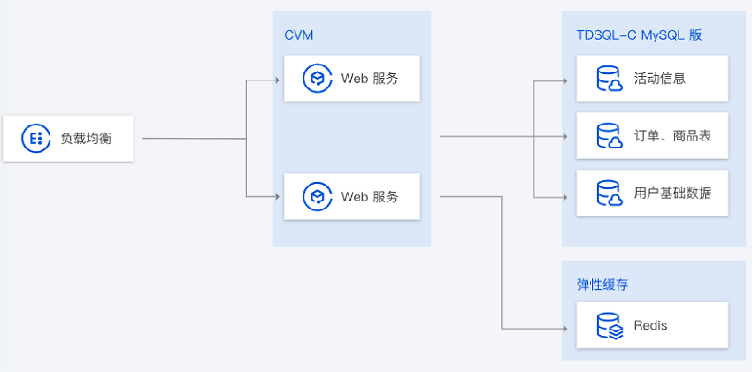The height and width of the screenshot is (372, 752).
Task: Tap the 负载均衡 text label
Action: click(x=86, y=138)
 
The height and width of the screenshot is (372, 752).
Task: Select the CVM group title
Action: click(x=299, y=35)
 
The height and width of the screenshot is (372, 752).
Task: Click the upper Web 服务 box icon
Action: click(x=316, y=78)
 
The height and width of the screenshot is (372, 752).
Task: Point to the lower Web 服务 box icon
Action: click(x=316, y=196)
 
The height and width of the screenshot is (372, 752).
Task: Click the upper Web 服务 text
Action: click(x=370, y=78)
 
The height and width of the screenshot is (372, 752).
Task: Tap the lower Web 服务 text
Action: click(x=370, y=196)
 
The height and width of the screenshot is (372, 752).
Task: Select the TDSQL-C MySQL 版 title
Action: click(x=639, y=35)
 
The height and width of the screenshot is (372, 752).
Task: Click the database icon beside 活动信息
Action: click(x=609, y=78)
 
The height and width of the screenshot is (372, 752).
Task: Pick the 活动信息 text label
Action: click(x=660, y=78)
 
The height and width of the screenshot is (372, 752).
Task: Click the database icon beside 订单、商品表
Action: click(x=609, y=136)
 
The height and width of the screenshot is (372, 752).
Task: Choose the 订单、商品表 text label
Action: click(x=672, y=136)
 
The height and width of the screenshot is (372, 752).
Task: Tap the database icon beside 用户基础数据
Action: click(x=609, y=193)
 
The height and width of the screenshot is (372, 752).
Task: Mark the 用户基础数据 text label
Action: click(x=672, y=193)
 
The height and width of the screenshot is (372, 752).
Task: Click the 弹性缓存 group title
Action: click(x=602, y=285)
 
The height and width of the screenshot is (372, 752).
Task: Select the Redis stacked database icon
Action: click(x=609, y=325)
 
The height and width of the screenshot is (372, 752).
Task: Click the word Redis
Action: click(x=650, y=325)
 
